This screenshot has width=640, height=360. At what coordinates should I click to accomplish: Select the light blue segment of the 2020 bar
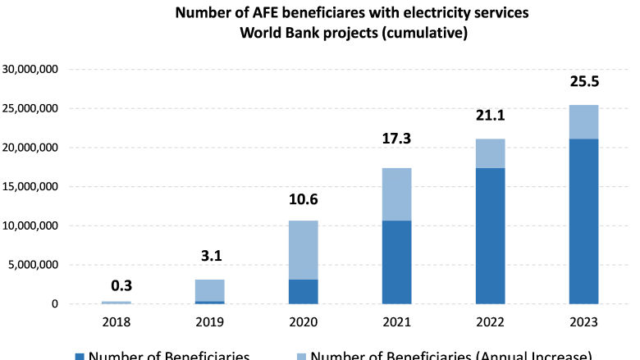click(303, 249)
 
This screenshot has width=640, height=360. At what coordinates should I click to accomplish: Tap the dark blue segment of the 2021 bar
click(396, 262)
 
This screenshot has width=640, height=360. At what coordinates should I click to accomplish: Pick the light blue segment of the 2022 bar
click(490, 153)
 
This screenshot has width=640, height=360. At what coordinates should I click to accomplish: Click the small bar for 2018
click(116, 303)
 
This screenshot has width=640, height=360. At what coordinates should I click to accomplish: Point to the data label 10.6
click(303, 200)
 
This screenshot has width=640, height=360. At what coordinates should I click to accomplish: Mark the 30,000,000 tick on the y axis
click(30, 70)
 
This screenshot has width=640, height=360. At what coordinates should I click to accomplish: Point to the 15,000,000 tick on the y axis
click(30, 187)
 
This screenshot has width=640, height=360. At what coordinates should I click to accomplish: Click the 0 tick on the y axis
click(53, 304)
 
